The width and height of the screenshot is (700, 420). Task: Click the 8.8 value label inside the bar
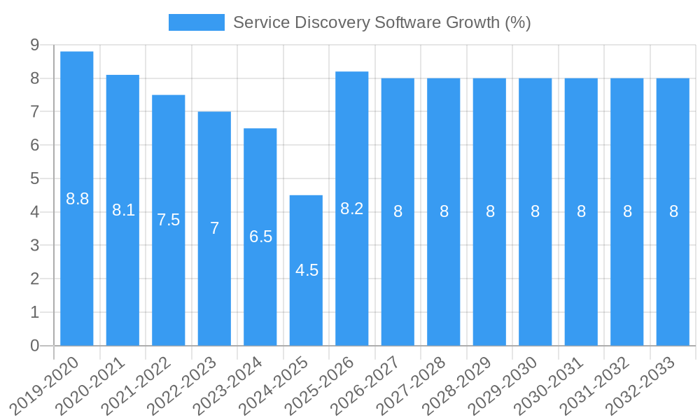click(77, 199)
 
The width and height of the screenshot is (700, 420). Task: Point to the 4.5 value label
click(307, 271)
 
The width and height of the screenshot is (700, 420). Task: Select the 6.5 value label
click(260, 237)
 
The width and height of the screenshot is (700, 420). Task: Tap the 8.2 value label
click(352, 209)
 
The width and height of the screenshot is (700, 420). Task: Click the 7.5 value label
click(169, 220)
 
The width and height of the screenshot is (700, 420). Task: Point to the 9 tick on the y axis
click(34, 45)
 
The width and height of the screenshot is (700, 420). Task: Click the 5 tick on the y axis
click(34, 178)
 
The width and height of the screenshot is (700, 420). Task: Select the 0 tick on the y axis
click(34, 346)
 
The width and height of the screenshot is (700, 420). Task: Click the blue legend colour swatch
click(197, 22)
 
